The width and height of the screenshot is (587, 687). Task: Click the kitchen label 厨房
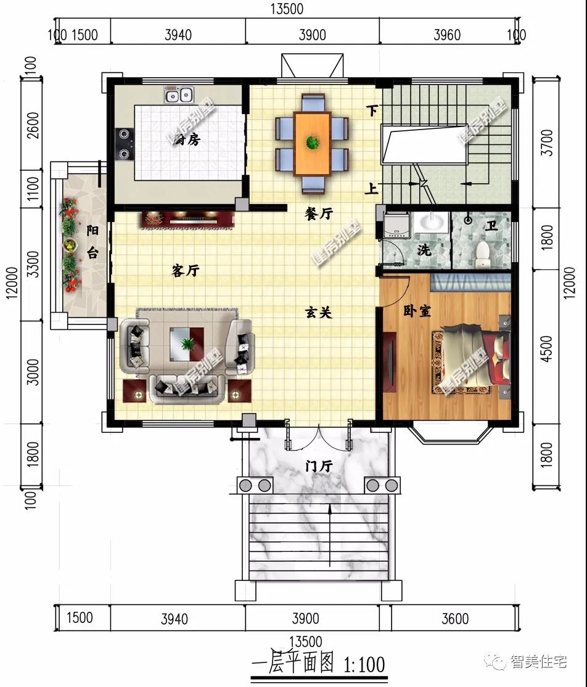point(186,140)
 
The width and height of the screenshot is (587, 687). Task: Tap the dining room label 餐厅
point(319,213)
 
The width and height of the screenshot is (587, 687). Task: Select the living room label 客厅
point(185,270)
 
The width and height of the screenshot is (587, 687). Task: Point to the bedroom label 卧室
point(417,311)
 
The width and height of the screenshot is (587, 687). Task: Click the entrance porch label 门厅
point(319,466)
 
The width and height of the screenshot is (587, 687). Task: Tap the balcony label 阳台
point(92,242)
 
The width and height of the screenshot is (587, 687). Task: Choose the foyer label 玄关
point(319,313)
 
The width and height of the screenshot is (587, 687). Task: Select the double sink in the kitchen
point(179,95)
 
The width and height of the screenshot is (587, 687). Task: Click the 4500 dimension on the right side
point(546,348)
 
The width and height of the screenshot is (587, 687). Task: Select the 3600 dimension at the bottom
point(454,619)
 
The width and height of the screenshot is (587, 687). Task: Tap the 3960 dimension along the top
point(446,35)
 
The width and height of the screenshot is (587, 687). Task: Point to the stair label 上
point(371,189)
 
